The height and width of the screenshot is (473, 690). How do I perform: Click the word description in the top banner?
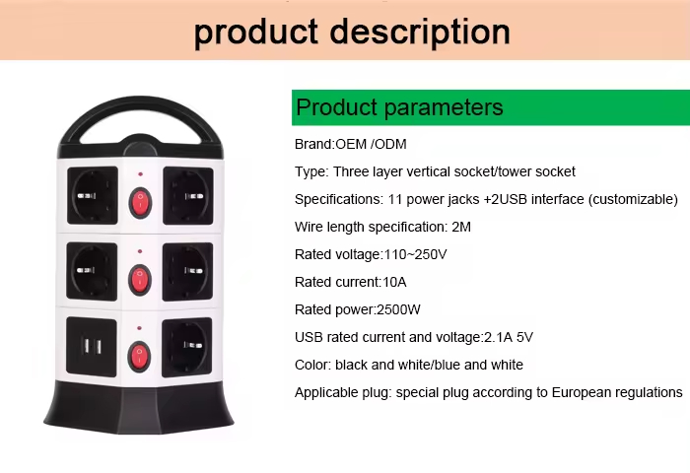[420, 33]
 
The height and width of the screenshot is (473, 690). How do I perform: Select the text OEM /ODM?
[371, 144]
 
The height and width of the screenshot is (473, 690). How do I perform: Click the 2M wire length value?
[461, 227]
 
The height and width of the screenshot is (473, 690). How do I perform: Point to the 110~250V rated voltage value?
[415, 255]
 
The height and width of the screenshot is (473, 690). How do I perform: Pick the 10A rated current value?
[394, 282]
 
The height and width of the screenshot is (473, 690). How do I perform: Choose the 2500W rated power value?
[398, 309]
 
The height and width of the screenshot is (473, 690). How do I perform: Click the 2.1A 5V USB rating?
[509, 337]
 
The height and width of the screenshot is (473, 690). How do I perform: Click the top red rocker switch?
[140, 203]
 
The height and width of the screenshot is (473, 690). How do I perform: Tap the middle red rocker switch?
[140, 280]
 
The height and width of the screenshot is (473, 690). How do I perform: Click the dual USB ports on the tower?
[92, 347]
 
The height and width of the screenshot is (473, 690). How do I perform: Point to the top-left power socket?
[93, 195]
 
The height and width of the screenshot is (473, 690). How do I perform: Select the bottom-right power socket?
[187, 347]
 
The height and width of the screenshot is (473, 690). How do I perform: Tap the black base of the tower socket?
[139, 408]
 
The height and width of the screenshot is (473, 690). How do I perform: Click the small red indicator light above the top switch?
[140, 174]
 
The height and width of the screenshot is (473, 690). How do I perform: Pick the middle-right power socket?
[187, 271]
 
